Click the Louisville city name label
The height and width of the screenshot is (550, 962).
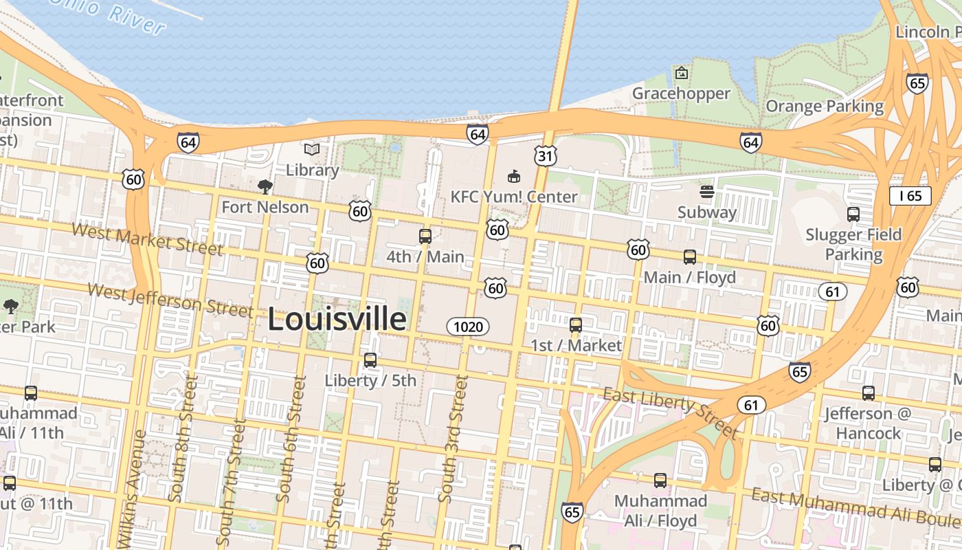click(x=337, y=320)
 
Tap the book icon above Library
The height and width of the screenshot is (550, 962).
click(x=312, y=149)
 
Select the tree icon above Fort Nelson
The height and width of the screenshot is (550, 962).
click(x=265, y=186)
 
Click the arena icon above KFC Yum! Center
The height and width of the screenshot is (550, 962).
click(x=513, y=177)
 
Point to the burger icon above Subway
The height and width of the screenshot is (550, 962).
click(x=706, y=192)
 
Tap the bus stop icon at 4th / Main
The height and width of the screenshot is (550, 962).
click(x=425, y=236)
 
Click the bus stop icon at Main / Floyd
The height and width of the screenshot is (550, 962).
click(x=689, y=257)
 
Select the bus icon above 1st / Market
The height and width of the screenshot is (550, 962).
click(x=576, y=325)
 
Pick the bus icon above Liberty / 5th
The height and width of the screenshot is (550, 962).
click(x=370, y=360)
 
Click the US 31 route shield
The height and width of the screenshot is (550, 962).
click(x=546, y=156)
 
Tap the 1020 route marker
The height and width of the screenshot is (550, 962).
click(x=468, y=327)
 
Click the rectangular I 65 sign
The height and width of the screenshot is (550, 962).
click(x=910, y=196)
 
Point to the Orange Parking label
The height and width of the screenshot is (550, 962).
click(x=825, y=107)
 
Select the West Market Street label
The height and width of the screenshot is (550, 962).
click(x=147, y=239)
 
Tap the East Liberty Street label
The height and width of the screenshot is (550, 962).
click(x=670, y=412)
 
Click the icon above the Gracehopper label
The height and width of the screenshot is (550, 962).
click(x=681, y=73)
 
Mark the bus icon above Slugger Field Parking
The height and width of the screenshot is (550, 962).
click(x=853, y=214)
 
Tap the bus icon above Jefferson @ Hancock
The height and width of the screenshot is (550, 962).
click(x=869, y=393)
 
